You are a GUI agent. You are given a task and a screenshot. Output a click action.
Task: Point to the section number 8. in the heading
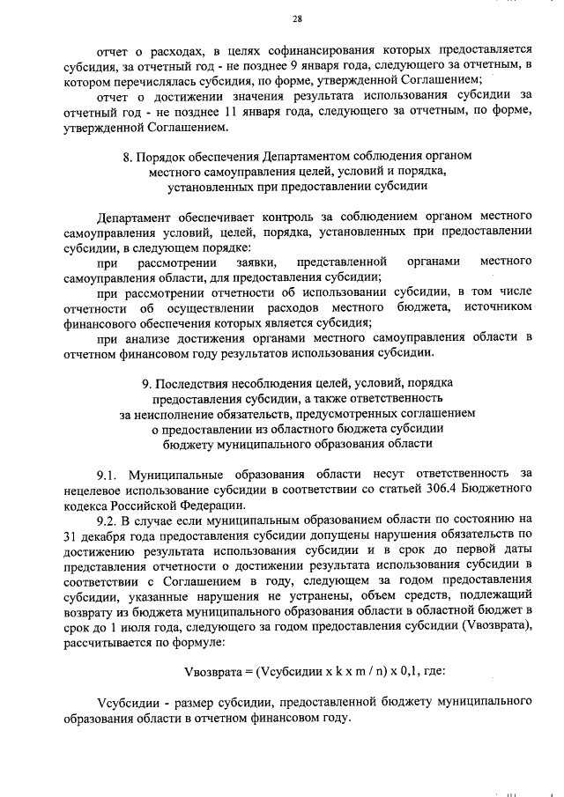click(x=129, y=157)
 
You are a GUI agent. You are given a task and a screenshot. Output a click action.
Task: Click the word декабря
click(x=111, y=534)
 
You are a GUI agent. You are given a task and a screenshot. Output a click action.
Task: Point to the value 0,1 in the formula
click(x=401, y=670)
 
